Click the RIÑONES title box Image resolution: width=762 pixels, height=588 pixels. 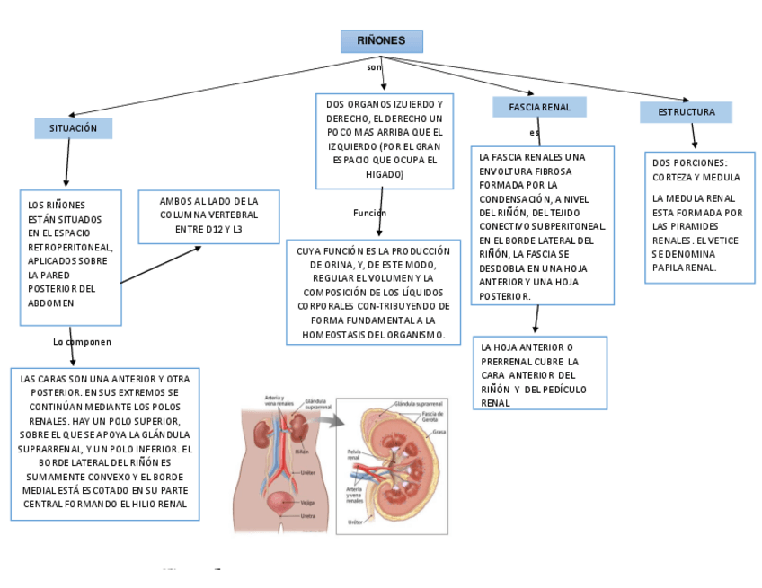(x=381, y=41)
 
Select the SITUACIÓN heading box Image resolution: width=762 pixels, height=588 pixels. (x=74, y=128)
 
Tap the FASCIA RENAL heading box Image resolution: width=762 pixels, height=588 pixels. (x=539, y=108)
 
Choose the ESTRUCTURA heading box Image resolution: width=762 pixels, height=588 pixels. (x=686, y=112)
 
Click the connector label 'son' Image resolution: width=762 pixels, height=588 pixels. (x=374, y=67)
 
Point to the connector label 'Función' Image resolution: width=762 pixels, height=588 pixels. (x=369, y=213)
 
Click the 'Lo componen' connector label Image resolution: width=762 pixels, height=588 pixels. (x=83, y=342)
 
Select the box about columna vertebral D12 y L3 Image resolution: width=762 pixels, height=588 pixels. (x=208, y=216)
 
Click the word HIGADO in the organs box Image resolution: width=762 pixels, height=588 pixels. (x=384, y=174)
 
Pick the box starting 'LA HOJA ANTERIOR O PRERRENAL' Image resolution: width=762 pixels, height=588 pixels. (x=539, y=373)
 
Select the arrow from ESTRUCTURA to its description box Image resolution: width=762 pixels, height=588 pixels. (x=693, y=136)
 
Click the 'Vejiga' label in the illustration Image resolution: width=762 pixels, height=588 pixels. (x=307, y=503)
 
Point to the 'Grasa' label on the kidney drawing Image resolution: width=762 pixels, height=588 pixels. (x=439, y=432)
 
